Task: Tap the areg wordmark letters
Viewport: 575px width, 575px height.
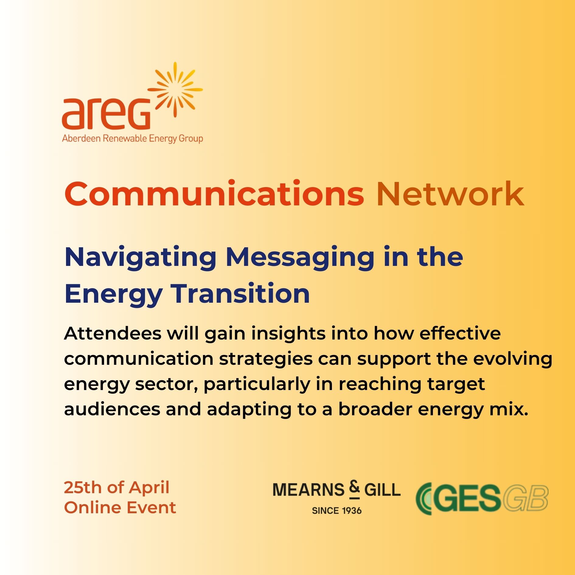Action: click(106, 113)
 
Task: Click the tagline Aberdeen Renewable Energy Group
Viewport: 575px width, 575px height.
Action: click(133, 139)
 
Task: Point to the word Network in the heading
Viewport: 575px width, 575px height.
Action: click(450, 194)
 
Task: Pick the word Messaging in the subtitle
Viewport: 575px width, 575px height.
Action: click(300, 258)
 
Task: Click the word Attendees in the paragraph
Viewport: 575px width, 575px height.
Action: click(113, 333)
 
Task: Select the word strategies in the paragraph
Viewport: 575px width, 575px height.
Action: click(266, 359)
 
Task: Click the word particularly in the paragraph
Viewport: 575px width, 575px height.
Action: click(257, 385)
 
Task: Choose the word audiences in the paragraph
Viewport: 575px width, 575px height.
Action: click(112, 409)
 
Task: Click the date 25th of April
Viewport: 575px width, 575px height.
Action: click(117, 488)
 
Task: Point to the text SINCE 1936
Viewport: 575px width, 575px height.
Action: click(337, 510)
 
